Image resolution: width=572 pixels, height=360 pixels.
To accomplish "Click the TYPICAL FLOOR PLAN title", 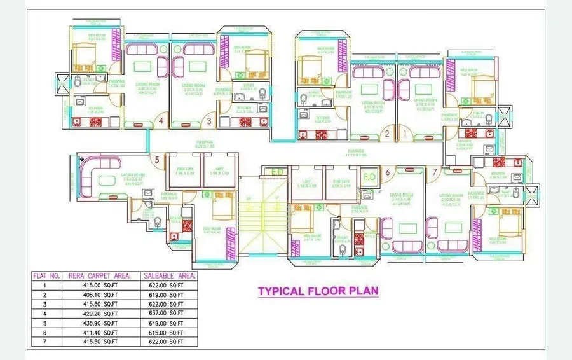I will (318, 291).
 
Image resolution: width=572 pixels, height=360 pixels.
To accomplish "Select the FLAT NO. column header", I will (46, 276).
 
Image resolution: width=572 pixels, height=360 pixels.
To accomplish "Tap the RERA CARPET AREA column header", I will (100, 276).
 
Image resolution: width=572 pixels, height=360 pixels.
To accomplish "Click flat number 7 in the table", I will (45, 342).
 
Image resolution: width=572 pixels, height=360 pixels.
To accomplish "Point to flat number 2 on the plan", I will (386, 134).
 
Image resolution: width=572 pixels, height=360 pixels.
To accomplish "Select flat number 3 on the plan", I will (208, 121).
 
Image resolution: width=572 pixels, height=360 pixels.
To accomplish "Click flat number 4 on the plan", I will (161, 121).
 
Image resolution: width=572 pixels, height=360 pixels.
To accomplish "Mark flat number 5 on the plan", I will (156, 160).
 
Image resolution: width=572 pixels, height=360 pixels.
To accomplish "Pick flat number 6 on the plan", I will (386, 171).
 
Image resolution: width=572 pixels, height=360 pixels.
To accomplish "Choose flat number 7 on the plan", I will (435, 171).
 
